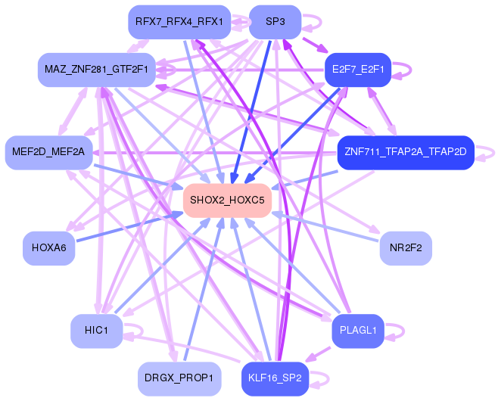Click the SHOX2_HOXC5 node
227,201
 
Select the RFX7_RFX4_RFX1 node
179,22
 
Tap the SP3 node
275,22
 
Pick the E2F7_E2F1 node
357,70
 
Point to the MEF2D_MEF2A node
48,152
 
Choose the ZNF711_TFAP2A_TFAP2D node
405,152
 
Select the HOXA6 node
49,247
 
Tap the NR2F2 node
406,247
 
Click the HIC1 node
97,331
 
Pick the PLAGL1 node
358,331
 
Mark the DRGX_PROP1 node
179,378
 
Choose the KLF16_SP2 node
275,378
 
